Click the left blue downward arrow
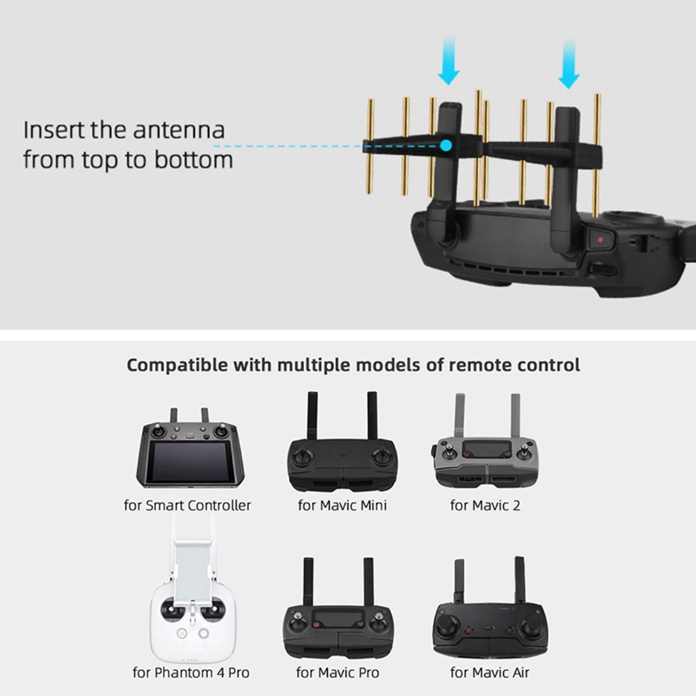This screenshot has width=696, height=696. click(449, 61)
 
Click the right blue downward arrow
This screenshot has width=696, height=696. click(569, 64)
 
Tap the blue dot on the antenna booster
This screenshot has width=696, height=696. click(446, 145)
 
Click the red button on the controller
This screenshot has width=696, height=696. click(600, 239)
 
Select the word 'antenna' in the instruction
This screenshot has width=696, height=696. click(179, 130)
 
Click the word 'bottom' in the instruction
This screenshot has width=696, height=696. click(193, 160)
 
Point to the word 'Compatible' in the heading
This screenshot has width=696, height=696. click(177, 365)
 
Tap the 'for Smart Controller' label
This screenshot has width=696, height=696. click(187, 505)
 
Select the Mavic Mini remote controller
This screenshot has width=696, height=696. click(341, 442)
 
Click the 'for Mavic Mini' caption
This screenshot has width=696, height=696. click(342, 505)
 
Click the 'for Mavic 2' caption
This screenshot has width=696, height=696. click(485, 505)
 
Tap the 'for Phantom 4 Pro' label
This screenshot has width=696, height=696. click(191, 672)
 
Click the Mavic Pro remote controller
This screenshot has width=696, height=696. click(338, 608)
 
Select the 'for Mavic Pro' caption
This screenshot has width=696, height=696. click(338, 672)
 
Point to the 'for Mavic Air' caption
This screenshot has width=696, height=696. click(489, 672)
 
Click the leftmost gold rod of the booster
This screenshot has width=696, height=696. click(370, 146)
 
